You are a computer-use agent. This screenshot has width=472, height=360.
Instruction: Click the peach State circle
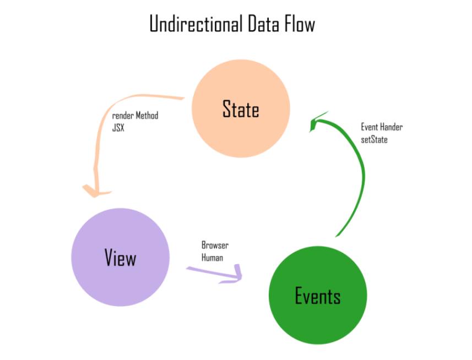241,108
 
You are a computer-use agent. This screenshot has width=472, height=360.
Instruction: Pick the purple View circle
121,257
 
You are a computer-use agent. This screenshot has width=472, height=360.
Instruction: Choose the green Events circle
318,295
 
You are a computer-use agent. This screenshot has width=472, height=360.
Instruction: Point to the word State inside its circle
241,108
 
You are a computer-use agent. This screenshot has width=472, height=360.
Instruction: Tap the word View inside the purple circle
121,258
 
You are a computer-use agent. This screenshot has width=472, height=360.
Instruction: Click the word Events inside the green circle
318,296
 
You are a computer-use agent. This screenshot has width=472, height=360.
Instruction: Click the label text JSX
118,128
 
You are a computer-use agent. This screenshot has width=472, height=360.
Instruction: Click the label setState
374,140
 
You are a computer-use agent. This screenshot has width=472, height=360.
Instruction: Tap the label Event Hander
382,127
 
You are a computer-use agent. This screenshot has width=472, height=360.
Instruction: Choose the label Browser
215,246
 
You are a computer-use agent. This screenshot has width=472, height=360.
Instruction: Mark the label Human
212,258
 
